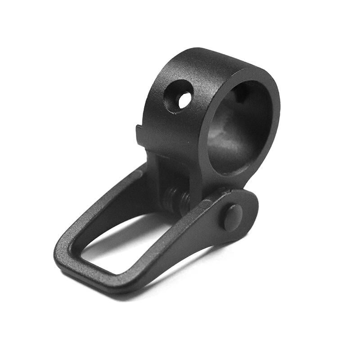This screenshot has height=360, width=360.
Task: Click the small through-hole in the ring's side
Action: coord(184,99)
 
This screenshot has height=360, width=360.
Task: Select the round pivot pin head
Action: coord(232,217)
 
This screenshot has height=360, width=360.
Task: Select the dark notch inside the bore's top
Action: coord(241,92)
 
